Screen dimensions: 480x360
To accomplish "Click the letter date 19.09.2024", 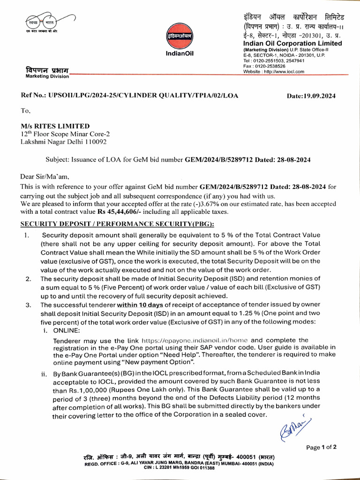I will (311, 96).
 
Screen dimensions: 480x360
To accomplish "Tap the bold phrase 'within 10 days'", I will (139, 305).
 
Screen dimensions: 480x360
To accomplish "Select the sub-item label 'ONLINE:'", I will (68, 330).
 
